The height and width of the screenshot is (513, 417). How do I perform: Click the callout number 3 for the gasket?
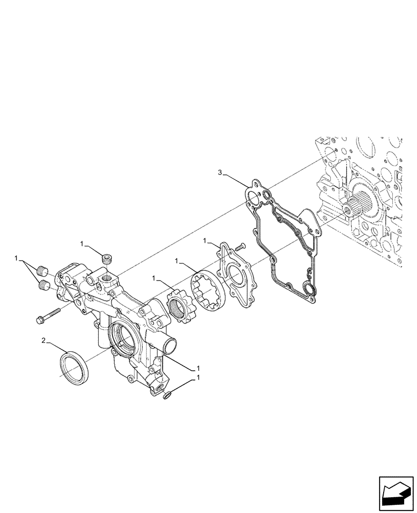pos(220,173)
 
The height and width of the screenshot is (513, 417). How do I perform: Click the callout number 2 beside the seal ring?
pos(44,340)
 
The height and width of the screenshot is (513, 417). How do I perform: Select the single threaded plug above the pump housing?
pos(107,259)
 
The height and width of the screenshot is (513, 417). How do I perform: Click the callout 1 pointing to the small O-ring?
pos(199,378)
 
